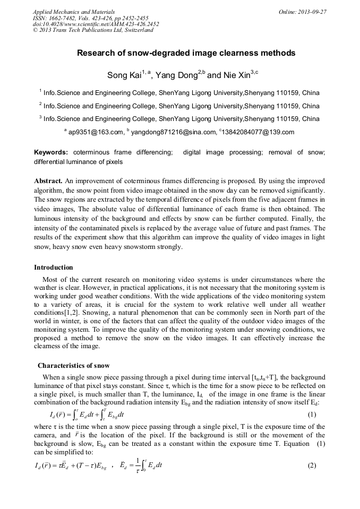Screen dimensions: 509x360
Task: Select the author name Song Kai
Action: (124, 75)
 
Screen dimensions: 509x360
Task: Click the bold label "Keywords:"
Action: (51, 152)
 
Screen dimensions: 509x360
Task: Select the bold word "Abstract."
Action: (48, 180)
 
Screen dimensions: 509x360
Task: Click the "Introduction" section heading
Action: (54, 267)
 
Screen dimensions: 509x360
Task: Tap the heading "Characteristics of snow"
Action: (74, 365)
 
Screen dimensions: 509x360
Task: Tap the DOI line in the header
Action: (96, 24)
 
